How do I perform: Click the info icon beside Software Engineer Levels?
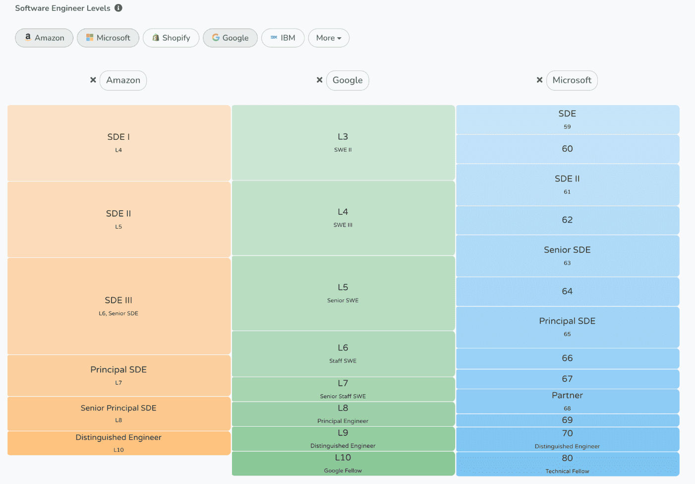pos(118,8)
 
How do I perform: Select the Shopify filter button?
pos(171,38)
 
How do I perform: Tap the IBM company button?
pos(283,38)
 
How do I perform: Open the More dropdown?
pos(329,38)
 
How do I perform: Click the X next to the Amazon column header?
pos(93,80)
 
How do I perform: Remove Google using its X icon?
pos(319,80)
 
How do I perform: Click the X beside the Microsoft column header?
pos(539,80)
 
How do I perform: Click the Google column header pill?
pos(347,80)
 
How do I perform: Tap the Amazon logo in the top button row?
pos(28,37)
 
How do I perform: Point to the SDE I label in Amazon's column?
pos(118,137)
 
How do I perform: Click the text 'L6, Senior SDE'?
pos(118,313)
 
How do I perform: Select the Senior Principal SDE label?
pos(118,408)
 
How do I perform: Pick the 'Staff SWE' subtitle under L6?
pos(343,361)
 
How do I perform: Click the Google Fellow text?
pos(343,470)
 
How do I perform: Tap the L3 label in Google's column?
pos(343,136)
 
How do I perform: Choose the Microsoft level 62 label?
pos(567,220)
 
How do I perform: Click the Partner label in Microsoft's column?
pos(567,395)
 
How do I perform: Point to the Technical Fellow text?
pos(567,471)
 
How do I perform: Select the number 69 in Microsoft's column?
pos(567,420)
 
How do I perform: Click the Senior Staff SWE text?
pos(343,396)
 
